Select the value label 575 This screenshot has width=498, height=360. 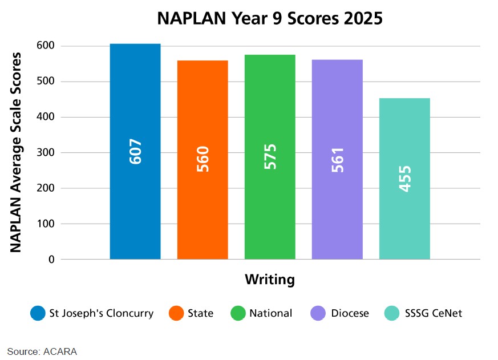(270, 156)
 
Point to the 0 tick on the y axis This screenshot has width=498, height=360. (51, 260)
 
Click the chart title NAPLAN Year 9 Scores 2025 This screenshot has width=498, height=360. (270, 18)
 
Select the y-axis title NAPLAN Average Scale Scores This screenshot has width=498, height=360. (17, 152)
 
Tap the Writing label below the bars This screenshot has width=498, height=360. (270, 280)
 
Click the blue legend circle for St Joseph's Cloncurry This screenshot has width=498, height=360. (38, 313)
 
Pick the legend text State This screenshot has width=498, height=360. (200, 313)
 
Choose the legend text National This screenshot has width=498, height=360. (270, 313)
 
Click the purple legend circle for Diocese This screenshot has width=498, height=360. (318, 313)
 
